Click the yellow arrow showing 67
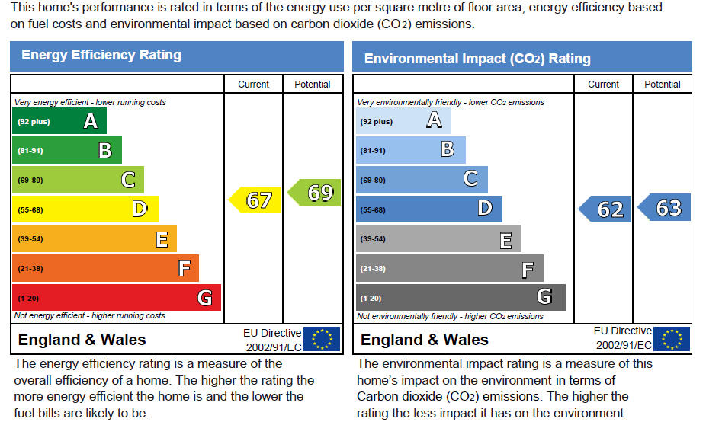(255, 200)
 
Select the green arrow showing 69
(314, 193)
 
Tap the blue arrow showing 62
(605, 209)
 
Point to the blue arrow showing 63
(663, 207)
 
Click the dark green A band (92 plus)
(59, 121)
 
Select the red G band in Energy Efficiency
(117, 297)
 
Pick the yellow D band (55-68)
(85, 209)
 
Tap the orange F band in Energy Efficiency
(105, 269)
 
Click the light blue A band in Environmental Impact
(403, 121)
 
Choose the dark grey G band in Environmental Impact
(461, 297)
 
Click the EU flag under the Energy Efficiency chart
(322, 339)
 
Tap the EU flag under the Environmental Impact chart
(672, 339)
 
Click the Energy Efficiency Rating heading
(101, 55)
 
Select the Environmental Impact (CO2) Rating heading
(477, 59)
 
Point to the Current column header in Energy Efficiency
(253, 84)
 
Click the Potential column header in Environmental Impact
(663, 84)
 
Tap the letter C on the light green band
(128, 180)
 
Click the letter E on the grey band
(505, 241)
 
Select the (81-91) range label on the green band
(30, 150)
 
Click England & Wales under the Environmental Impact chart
(424, 340)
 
